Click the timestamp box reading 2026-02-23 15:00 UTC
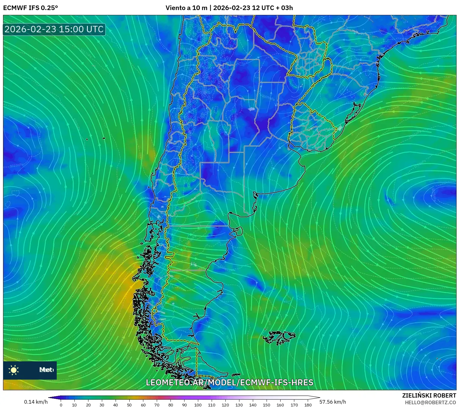(x=54, y=29)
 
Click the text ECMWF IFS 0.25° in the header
(x=30, y=8)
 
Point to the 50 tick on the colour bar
(x=129, y=405)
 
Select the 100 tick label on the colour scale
(x=198, y=405)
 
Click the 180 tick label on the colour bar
(x=308, y=405)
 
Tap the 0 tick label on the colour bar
(x=61, y=405)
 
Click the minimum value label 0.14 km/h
(x=36, y=402)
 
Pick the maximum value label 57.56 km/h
(x=332, y=402)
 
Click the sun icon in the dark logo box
(x=14, y=370)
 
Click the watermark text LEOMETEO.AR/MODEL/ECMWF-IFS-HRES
(x=229, y=383)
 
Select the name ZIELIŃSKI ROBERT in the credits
(x=429, y=395)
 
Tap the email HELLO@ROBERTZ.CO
(x=430, y=402)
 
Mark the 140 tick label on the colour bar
(x=253, y=405)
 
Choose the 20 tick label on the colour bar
(x=88, y=405)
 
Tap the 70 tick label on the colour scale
(x=157, y=405)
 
